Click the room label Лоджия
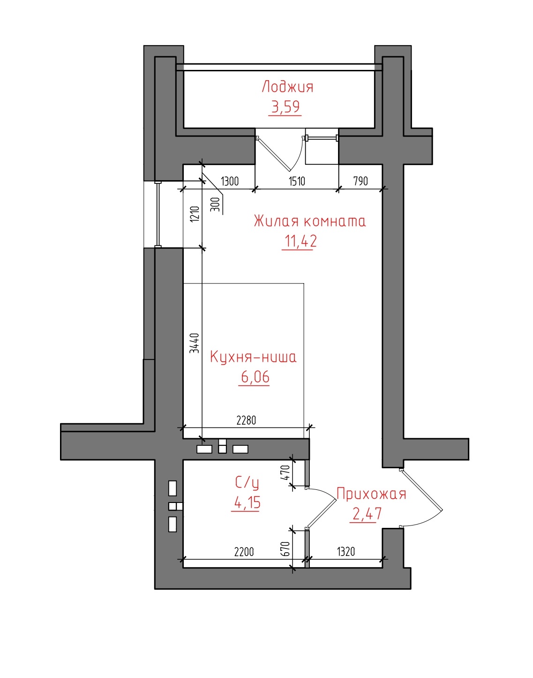tap(287, 87)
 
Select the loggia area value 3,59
tap(285, 107)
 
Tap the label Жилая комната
tap(310, 221)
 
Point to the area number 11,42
tap(300, 241)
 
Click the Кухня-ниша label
tap(253, 357)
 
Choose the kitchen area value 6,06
tap(255, 377)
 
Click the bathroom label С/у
tap(247, 483)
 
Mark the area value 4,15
tap(247, 503)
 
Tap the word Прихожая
tap(371, 494)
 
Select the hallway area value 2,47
tap(367, 513)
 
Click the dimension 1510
tap(297, 181)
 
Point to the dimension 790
tap(360, 181)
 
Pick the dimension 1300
tap(230, 182)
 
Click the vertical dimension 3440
tap(195, 343)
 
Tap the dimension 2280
tap(246, 420)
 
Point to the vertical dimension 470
tap(285, 472)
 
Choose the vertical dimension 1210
tap(195, 214)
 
